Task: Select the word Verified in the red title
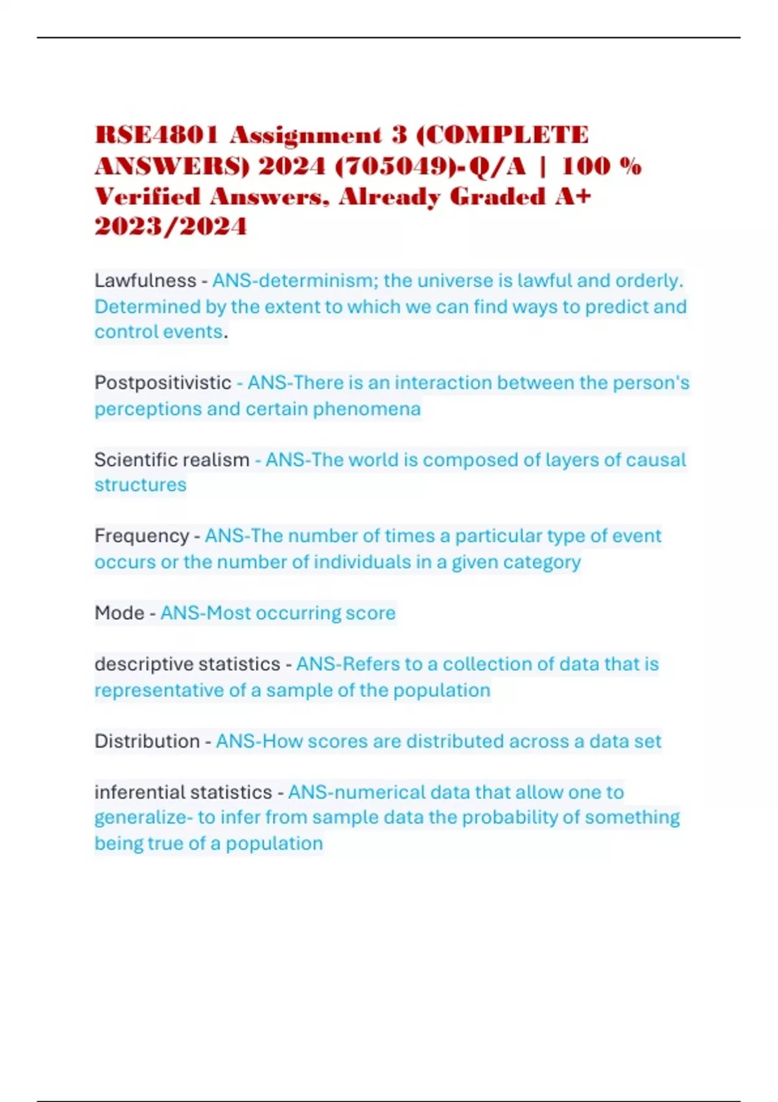tap(148, 196)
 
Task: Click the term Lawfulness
tap(145, 281)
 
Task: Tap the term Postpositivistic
tap(163, 382)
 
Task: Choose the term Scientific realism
tap(172, 460)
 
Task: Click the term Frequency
tap(141, 536)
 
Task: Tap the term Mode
tap(119, 613)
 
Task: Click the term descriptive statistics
tap(187, 664)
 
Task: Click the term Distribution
tap(147, 741)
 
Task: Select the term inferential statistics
tap(183, 792)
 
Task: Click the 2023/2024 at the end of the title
tap(171, 226)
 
